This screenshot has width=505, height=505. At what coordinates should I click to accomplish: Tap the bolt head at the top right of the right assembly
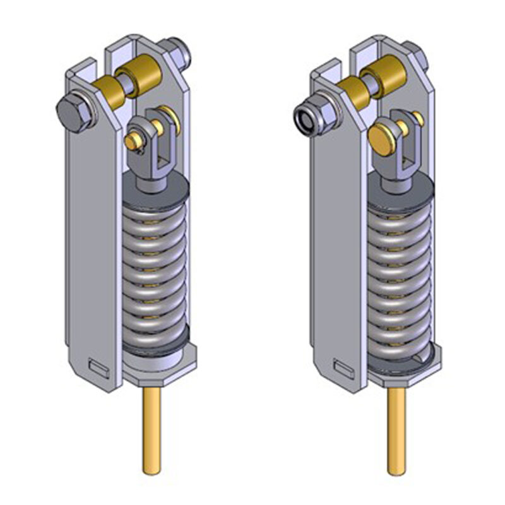coord(421,54)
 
